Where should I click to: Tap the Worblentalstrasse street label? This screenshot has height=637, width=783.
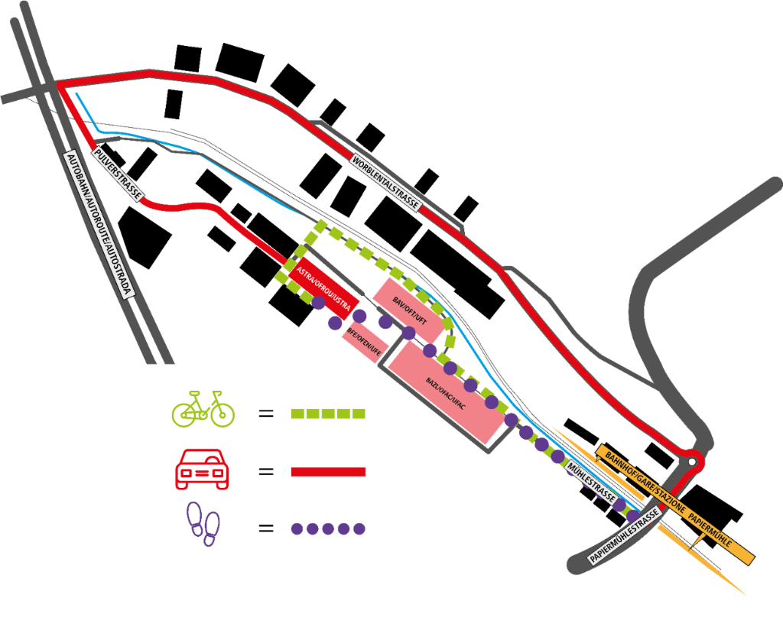pos(385,184)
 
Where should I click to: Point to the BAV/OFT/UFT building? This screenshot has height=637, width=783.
pos(409,310)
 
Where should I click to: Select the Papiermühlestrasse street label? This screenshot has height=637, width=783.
pos(625,535)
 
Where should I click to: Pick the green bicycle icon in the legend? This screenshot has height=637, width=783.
pos(203,408)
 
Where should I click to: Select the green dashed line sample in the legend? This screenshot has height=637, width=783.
pos(329,414)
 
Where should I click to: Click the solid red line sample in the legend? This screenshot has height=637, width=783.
pos(329,471)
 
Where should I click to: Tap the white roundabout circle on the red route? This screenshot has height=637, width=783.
pos(692,461)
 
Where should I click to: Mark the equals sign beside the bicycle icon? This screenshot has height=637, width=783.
pos(265,414)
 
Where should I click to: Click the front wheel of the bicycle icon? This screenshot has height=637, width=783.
pos(222,414)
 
